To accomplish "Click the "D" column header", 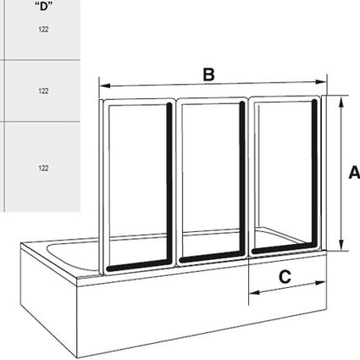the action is pos(43,6).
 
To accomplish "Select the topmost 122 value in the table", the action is pos(43,30).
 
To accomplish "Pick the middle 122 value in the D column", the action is pos(43,91).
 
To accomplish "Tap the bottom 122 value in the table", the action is pos(43,168).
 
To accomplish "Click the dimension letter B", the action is pos(208,75).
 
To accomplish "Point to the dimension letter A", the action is pos(354,173).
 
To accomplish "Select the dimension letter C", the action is pos(285,277).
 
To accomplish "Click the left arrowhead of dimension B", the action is pos(105,86).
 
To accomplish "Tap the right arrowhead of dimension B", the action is pos(321,82).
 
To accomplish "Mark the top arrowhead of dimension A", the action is pos(341,102).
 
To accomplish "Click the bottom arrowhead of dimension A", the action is pos(341,245).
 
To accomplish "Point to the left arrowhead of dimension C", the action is pos(254,292).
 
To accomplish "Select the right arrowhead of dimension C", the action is pos(321,283).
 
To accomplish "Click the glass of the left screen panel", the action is pos(137,184).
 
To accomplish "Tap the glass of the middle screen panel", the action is pos(211,180).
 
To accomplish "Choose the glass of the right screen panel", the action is pos(283,175).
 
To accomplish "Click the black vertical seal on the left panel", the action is pos(169,184).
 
